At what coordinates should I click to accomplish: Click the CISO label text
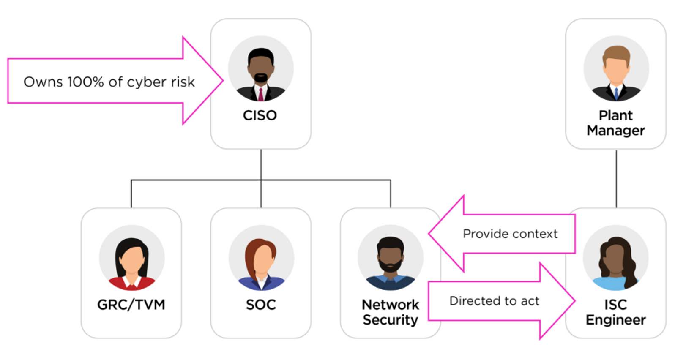260,115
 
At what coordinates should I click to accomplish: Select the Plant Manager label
615,123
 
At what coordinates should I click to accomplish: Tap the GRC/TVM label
131,305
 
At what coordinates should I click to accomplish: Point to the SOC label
261,305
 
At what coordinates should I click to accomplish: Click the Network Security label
390,312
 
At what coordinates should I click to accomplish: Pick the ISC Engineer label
615,312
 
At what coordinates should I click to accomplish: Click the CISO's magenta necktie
261,94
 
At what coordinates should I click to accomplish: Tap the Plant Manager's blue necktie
616,93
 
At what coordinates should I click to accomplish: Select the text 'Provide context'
510,234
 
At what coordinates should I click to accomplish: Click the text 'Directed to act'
494,301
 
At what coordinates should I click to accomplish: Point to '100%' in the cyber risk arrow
85,82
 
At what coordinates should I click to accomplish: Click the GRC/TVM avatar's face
131,260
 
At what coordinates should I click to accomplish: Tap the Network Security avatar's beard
390,266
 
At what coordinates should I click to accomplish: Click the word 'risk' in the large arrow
183,82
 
